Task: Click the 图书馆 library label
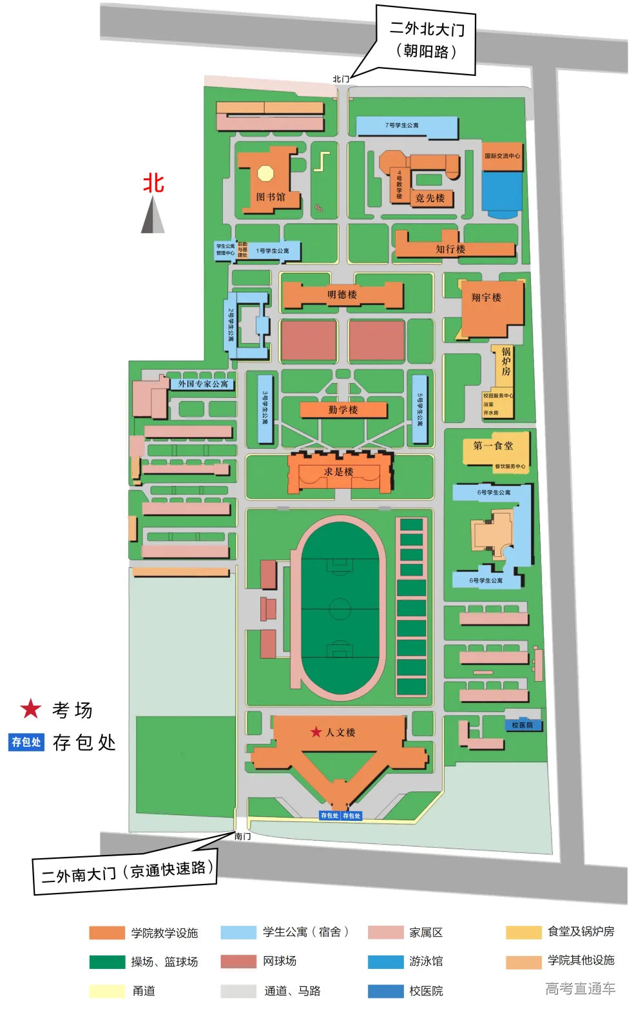(x=270, y=197)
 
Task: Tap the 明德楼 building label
(x=341, y=295)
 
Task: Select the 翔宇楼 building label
(x=486, y=297)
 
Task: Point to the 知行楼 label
(x=450, y=249)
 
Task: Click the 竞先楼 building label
(x=430, y=198)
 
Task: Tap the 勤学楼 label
(x=343, y=409)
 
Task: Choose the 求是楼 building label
(x=338, y=472)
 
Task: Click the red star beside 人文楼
(x=316, y=732)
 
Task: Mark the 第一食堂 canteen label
(x=493, y=446)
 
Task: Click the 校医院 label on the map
(x=522, y=725)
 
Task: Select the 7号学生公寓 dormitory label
(x=401, y=125)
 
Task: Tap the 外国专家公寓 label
(x=203, y=384)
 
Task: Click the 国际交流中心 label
(x=502, y=156)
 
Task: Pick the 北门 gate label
(x=340, y=79)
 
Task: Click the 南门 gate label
(x=242, y=836)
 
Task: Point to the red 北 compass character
(x=153, y=183)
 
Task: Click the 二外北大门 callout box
(x=426, y=40)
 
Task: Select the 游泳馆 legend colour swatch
(x=385, y=961)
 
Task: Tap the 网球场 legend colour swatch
(x=238, y=961)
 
